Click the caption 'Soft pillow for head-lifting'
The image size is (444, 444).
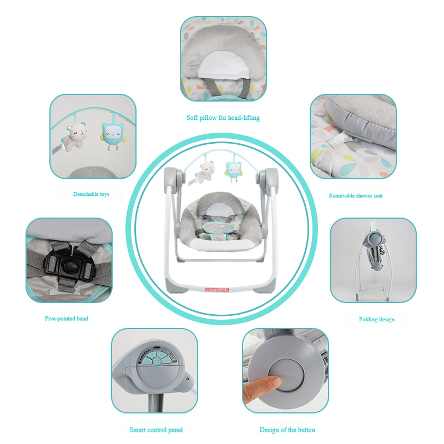tap(223, 118)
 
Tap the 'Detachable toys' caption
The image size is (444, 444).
tap(91, 194)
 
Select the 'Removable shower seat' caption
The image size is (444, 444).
tap(355, 196)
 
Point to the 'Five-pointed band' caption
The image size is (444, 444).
tap(67, 319)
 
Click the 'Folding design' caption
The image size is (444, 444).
tap(377, 320)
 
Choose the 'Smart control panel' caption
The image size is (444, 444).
tap(156, 430)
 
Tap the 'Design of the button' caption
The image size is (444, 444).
tap(287, 430)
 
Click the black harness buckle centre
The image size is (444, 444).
tap(68, 266)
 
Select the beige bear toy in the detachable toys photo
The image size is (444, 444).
tap(74, 136)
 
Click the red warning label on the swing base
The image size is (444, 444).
tap(217, 289)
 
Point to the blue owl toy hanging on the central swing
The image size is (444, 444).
tap(233, 171)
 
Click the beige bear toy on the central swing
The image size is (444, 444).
tap(205, 172)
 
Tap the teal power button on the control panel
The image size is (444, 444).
tap(157, 361)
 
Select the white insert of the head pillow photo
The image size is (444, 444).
tap(224, 64)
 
